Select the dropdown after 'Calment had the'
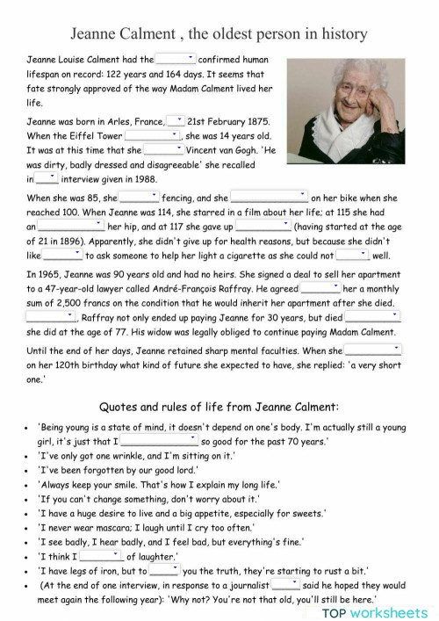pyautogui.click(x=175, y=59)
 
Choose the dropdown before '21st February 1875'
pyautogui.click(x=176, y=120)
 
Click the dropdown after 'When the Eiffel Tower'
pyautogui.click(x=152, y=135)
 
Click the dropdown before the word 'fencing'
pyautogui.click(x=139, y=198)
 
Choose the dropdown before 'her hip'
pyautogui.click(x=70, y=226)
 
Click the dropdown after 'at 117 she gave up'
pyautogui.click(x=263, y=226)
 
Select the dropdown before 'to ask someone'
pyautogui.click(x=62, y=255)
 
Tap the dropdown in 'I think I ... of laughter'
pyautogui.click(x=102, y=555)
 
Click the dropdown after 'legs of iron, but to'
pyautogui.click(x=164, y=569)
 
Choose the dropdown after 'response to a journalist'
pyautogui.click(x=285, y=583)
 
